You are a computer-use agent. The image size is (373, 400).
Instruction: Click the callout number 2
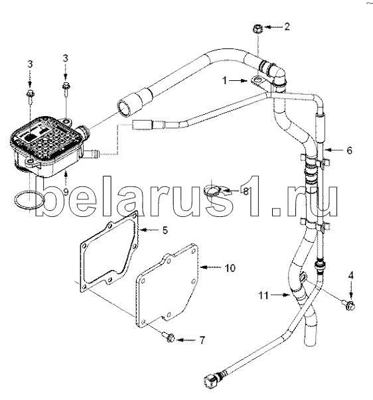[287, 27]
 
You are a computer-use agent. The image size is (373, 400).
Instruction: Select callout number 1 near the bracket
[224, 81]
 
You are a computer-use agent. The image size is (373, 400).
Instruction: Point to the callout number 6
[349, 151]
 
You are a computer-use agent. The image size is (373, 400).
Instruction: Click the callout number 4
[351, 275]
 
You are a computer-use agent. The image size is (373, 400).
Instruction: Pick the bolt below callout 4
[348, 305]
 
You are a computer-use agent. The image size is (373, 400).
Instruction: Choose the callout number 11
[263, 295]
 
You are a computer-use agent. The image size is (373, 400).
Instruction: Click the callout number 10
[230, 268]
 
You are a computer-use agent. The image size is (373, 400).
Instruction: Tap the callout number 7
[202, 340]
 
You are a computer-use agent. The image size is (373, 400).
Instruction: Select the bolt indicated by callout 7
[169, 338]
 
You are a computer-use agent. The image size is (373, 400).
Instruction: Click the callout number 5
[165, 230]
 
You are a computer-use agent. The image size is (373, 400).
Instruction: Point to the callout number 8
[246, 191]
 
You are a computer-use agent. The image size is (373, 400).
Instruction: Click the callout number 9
[66, 191]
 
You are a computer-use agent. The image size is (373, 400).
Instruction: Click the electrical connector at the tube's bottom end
[212, 381]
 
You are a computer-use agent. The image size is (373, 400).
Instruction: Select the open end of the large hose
[124, 108]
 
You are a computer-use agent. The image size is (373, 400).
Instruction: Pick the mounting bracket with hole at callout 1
[259, 82]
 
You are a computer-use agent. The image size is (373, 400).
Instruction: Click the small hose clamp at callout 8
[214, 191]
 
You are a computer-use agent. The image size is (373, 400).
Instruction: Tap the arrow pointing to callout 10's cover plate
[210, 267]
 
